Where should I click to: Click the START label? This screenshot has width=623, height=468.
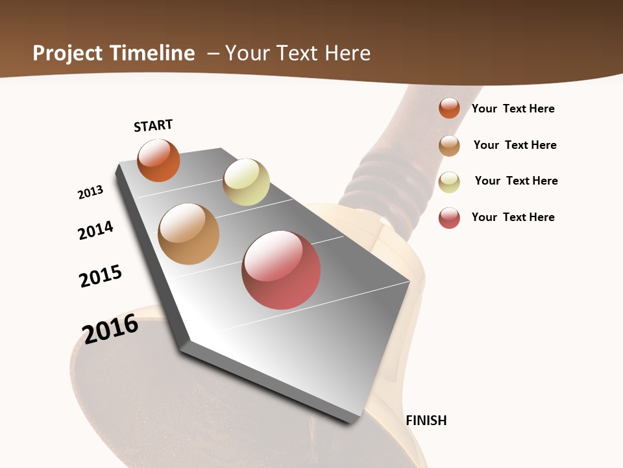(x=153, y=125)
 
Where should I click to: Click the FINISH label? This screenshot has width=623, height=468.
(x=426, y=421)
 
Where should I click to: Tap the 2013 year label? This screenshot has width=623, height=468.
(x=90, y=192)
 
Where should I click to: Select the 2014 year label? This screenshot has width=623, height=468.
(x=96, y=230)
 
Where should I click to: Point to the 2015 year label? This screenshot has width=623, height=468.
(x=101, y=276)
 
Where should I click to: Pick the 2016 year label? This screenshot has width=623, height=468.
(x=110, y=329)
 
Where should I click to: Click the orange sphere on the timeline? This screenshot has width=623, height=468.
(x=158, y=160)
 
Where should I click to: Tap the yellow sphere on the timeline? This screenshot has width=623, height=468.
(x=246, y=182)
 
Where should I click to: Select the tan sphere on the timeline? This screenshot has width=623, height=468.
(x=188, y=234)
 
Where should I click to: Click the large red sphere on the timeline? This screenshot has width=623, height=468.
(x=281, y=270)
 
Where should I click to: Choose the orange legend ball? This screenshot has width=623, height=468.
(x=449, y=108)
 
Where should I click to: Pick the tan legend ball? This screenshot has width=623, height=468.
(x=449, y=146)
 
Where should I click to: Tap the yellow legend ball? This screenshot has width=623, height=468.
(x=449, y=182)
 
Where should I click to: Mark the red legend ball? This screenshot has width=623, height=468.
(x=449, y=218)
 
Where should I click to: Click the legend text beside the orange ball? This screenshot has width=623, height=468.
(x=513, y=109)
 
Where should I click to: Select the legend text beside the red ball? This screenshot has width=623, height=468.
(x=513, y=217)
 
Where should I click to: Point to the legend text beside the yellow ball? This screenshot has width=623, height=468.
(x=516, y=181)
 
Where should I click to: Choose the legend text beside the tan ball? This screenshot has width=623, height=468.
(x=515, y=145)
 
